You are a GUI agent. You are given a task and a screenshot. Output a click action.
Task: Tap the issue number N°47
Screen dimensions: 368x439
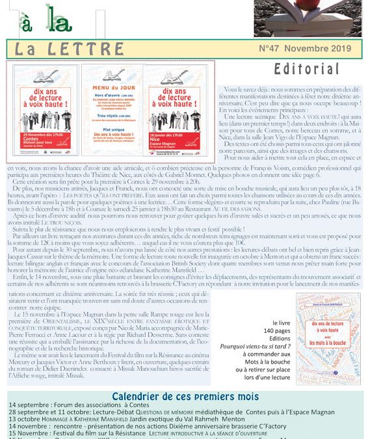pos(274,48)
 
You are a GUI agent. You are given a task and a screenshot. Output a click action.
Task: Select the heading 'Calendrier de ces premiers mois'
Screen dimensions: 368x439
pos(185,396)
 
